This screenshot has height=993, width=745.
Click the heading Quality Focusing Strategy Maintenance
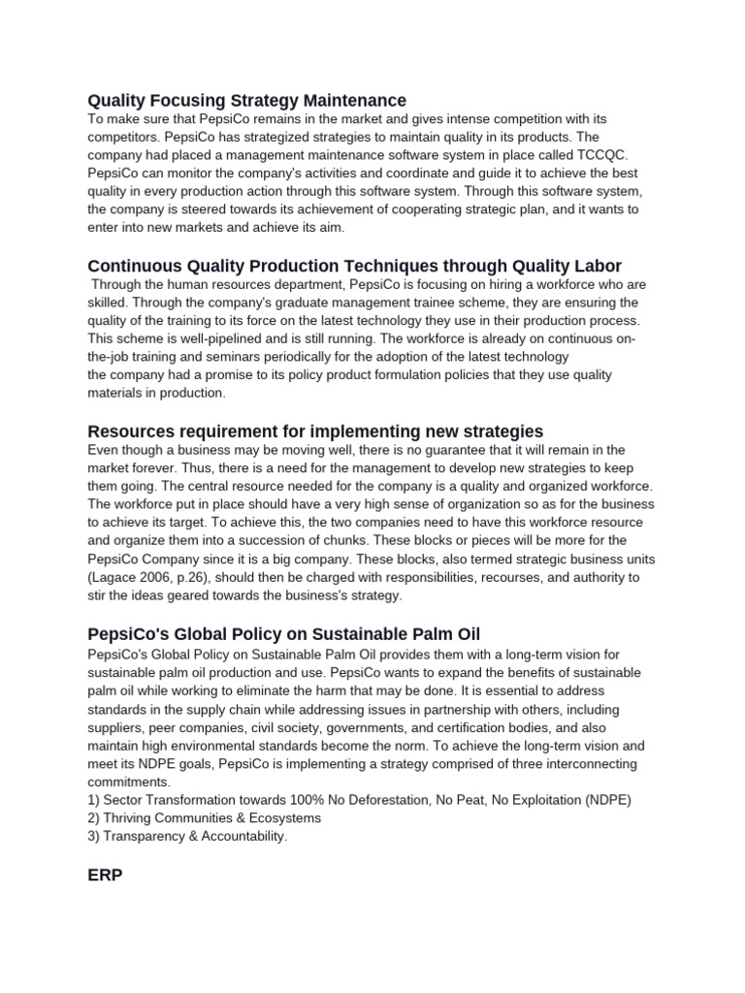[x=246, y=100]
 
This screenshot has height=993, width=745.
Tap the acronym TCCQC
[x=601, y=155]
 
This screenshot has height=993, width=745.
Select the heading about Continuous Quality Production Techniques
[x=354, y=266]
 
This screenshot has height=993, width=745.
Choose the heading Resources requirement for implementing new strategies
[x=315, y=431]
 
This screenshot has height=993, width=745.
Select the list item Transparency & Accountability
[x=187, y=837]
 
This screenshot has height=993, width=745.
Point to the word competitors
[x=127, y=137]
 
